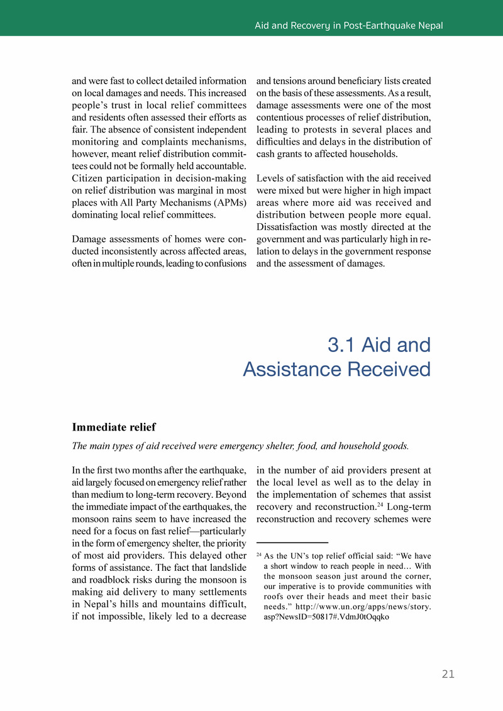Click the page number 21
pos(448,674)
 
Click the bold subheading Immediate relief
pos(114,427)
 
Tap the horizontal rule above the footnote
pos(292,542)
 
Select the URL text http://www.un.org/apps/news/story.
pos(363,607)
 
